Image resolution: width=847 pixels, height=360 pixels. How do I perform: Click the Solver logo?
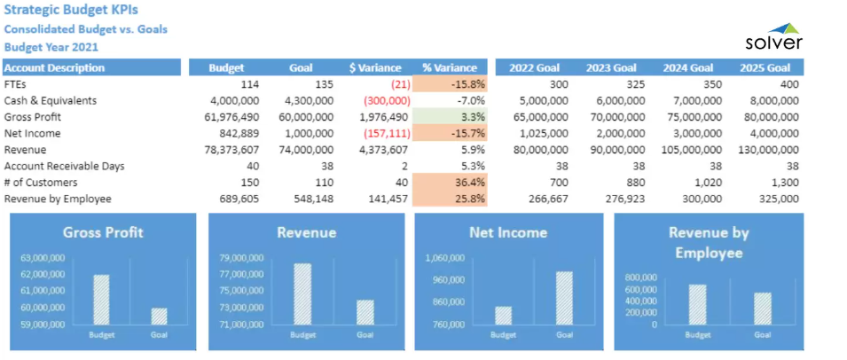coord(773,37)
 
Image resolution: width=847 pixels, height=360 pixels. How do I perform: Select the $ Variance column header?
coord(375,67)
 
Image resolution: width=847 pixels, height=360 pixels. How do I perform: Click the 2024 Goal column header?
coord(687,67)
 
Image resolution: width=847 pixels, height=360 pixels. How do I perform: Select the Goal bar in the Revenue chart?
coord(365,312)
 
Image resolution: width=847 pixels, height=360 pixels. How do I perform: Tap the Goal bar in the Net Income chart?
coord(564,298)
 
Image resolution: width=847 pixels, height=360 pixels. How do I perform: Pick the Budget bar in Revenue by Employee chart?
coord(697,304)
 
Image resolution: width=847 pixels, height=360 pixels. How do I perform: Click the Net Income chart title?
coord(508,232)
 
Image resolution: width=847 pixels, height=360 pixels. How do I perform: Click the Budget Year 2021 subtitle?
coord(51,46)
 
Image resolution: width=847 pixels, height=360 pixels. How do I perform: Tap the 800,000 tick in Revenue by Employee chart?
coord(641,278)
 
